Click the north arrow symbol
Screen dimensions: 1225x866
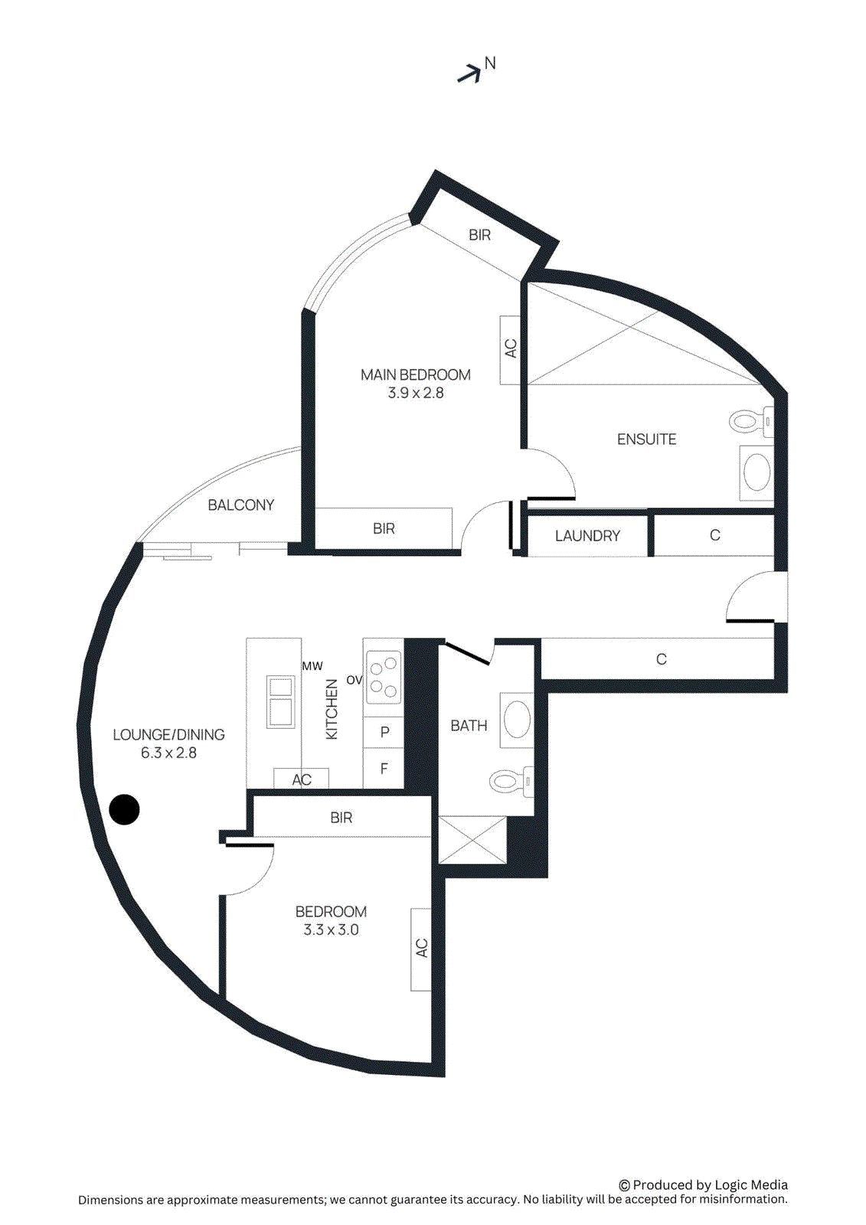pos(469,73)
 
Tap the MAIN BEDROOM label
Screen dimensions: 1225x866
pos(416,375)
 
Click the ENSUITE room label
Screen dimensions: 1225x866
pos(646,439)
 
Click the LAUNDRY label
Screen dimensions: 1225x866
pos(587,536)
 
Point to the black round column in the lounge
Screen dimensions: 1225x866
pos(125,809)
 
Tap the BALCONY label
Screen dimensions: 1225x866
pos(240,505)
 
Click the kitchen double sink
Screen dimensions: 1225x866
pos(280,701)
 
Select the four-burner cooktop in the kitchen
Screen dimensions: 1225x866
pos(384,677)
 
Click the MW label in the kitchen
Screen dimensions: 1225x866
pos(312,666)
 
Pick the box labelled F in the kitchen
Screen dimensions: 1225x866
pos(384,769)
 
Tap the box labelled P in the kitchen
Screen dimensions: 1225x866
pos(384,733)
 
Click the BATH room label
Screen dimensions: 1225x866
pos(469,726)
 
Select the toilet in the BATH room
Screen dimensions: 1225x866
pos(508,781)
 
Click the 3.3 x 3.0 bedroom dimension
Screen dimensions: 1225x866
pos(331,930)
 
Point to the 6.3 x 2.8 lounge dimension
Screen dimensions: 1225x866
pos(168,753)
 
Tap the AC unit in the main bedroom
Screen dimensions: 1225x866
pos(510,349)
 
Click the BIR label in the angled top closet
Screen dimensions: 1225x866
pos(479,235)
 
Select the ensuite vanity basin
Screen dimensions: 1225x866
pos(757,473)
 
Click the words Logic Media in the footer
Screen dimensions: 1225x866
pos(750,1185)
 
